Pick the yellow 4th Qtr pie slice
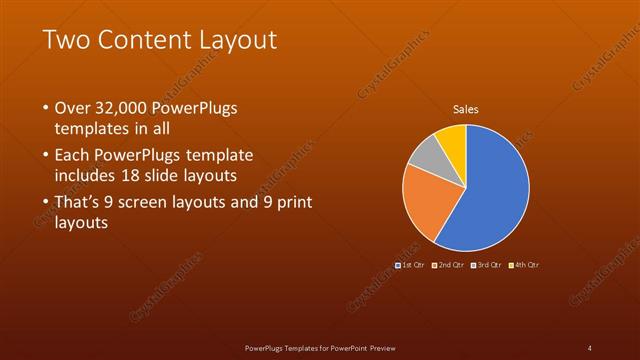pyautogui.click(x=453, y=140)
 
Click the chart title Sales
pyautogui.click(x=466, y=108)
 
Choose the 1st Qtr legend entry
pyautogui.click(x=410, y=264)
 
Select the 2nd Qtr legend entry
pyautogui.click(x=448, y=264)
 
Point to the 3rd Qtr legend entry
pyautogui.click(x=487, y=264)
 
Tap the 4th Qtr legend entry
pyautogui.click(x=525, y=264)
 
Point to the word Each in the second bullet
pyautogui.click(x=73, y=157)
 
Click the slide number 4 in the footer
pyautogui.click(x=589, y=348)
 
